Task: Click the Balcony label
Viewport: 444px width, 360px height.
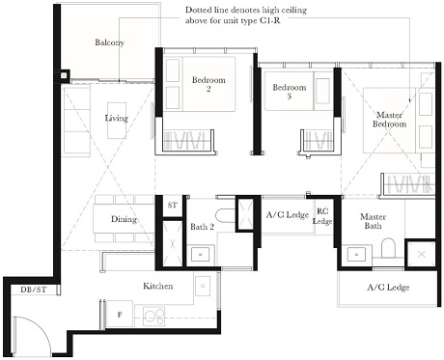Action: point(109,43)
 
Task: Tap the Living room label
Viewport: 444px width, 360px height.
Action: point(116,118)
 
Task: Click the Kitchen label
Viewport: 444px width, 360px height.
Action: point(158,287)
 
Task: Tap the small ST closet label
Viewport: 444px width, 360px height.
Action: point(173,206)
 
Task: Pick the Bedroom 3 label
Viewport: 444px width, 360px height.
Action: point(289,92)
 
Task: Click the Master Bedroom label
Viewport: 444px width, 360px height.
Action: point(391,119)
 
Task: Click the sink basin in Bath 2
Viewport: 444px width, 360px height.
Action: point(200,255)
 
